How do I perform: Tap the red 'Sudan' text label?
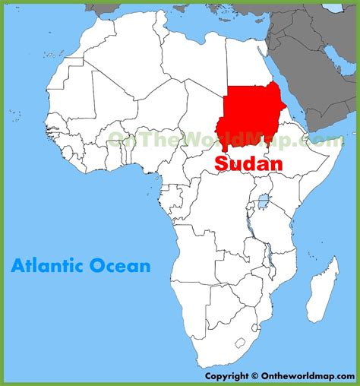(248, 163)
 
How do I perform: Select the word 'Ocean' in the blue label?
(123, 266)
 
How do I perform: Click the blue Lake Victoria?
(263, 204)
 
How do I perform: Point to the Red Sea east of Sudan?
(292, 91)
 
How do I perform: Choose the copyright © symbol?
(252, 375)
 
